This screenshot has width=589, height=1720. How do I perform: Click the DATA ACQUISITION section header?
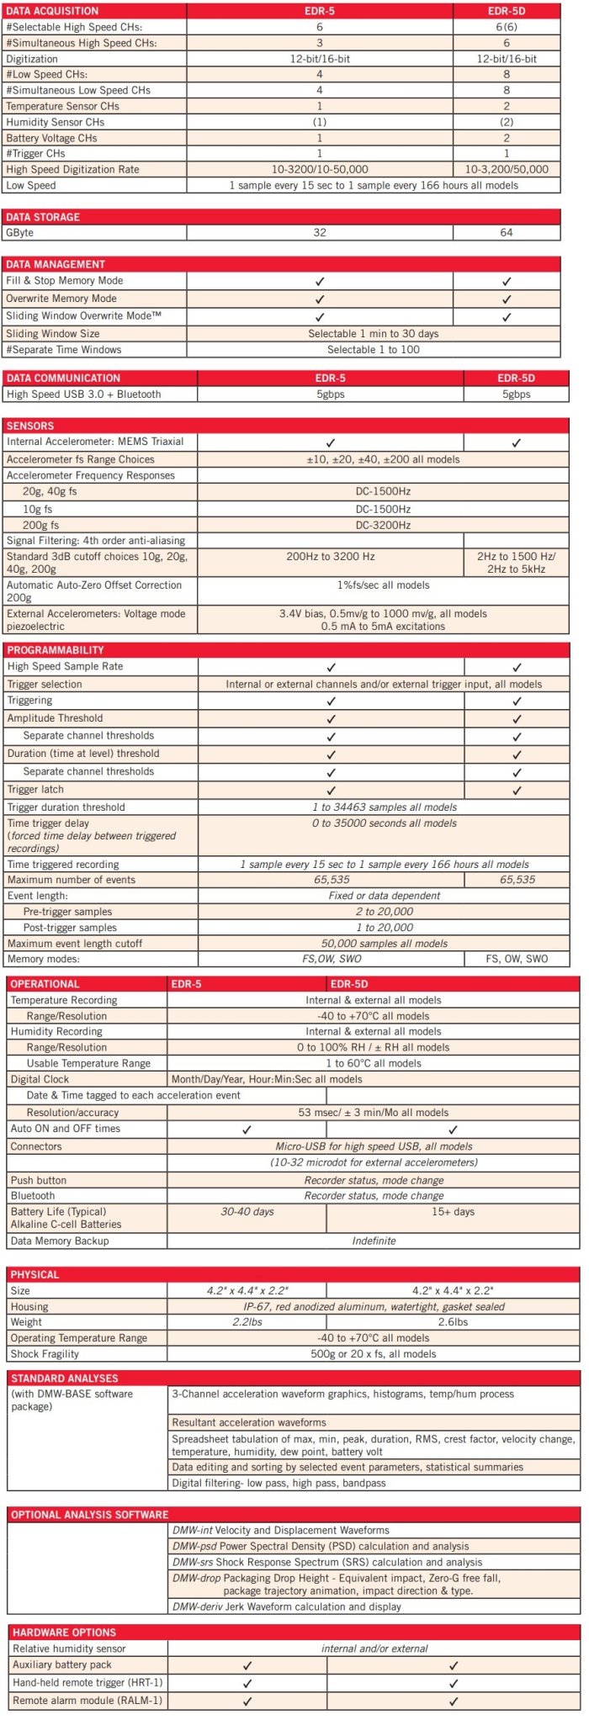coord(52,11)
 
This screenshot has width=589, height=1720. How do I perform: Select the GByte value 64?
coord(506,232)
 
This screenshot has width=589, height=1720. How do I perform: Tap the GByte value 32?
coord(319,232)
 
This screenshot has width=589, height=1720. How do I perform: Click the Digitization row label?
coord(32,59)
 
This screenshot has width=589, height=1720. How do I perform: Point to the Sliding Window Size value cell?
coord(373,333)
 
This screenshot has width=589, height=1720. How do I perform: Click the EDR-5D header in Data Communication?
coord(516,378)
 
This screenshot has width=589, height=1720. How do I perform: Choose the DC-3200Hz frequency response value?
coord(383,525)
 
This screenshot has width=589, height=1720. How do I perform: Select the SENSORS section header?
coord(30,426)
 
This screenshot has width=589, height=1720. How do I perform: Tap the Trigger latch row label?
coord(35,789)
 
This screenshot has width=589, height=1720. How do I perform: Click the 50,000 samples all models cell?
coord(384,943)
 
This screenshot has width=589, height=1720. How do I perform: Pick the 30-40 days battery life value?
coord(247,1211)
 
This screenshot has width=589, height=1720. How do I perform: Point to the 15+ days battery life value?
coord(453,1211)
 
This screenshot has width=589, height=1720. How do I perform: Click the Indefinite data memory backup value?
coord(374,1241)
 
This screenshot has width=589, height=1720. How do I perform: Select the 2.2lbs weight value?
coord(247,1322)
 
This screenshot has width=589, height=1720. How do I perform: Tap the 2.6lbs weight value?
coord(453,1322)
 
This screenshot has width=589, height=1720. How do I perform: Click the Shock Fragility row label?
coord(45,1354)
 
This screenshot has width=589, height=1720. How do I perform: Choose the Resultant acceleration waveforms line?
coord(249,1422)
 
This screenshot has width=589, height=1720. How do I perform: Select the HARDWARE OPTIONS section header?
coord(64,1632)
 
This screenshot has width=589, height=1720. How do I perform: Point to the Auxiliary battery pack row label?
coord(62,1664)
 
